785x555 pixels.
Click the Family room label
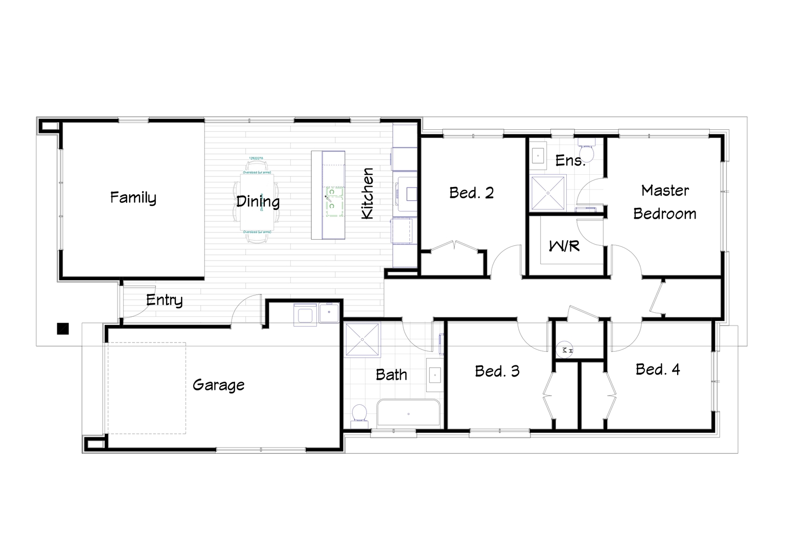tap(133, 198)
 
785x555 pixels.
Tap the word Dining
tap(258, 201)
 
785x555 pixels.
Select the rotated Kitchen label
tap(367, 194)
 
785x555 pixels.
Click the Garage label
tap(218, 385)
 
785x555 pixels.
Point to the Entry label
tap(164, 300)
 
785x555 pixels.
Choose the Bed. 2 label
tap(471, 193)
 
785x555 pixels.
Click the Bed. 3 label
tap(497, 371)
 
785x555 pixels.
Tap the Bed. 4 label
tap(658, 369)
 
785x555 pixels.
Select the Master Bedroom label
tap(665, 202)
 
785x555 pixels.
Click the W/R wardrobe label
tap(564, 246)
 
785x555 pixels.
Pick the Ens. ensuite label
tap(570, 160)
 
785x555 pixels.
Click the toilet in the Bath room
tap(359, 413)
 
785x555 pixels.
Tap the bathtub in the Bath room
tap(408, 413)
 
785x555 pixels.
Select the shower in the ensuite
tap(548, 193)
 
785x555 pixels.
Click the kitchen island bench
tap(328, 195)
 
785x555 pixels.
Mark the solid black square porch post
tap(62, 329)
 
